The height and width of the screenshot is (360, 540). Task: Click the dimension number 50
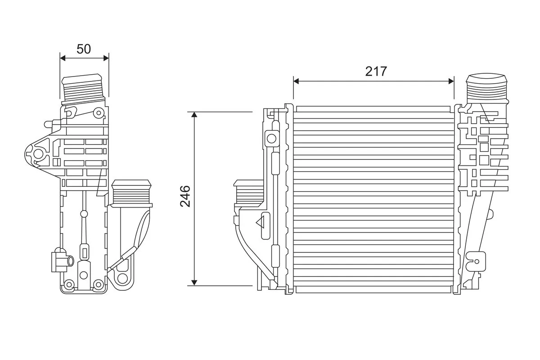[x=84, y=49]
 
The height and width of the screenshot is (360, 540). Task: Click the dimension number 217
[x=376, y=71]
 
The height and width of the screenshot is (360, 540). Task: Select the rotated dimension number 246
[x=185, y=196]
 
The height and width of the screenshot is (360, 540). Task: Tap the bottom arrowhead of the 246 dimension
[x=194, y=282]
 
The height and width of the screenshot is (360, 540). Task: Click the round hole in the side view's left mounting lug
[x=38, y=154]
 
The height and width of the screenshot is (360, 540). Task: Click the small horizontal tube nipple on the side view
[x=70, y=260]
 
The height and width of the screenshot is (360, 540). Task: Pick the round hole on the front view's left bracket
[x=271, y=138]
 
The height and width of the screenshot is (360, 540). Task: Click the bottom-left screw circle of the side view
[x=69, y=284]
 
